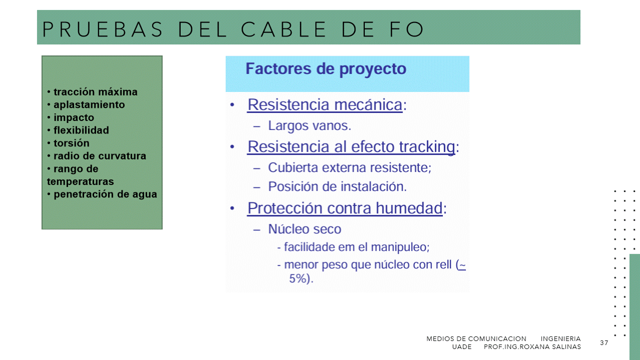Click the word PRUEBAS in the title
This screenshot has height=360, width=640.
coord(103,29)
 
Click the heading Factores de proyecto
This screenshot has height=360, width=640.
coord(326,69)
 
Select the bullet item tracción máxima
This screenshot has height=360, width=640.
coord(96,92)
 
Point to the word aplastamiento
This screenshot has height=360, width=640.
coord(89,105)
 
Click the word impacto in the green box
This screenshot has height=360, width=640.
coord(74,117)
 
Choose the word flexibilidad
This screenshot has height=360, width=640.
coord(81,130)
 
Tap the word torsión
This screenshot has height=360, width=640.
coord(72,143)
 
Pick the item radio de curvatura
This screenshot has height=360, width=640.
coord(100,156)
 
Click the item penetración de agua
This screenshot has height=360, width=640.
coord(105,194)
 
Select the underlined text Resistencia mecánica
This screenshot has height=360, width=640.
coord(325,104)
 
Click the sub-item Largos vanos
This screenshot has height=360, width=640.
coord(309,125)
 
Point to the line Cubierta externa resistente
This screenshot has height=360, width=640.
coord(349,167)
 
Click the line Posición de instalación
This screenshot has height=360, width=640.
coord(337,186)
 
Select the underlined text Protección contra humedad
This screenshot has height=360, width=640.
coord(345,208)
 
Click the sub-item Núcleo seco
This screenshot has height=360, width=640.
coord(305,229)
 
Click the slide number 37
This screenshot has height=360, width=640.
coord(604,342)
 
